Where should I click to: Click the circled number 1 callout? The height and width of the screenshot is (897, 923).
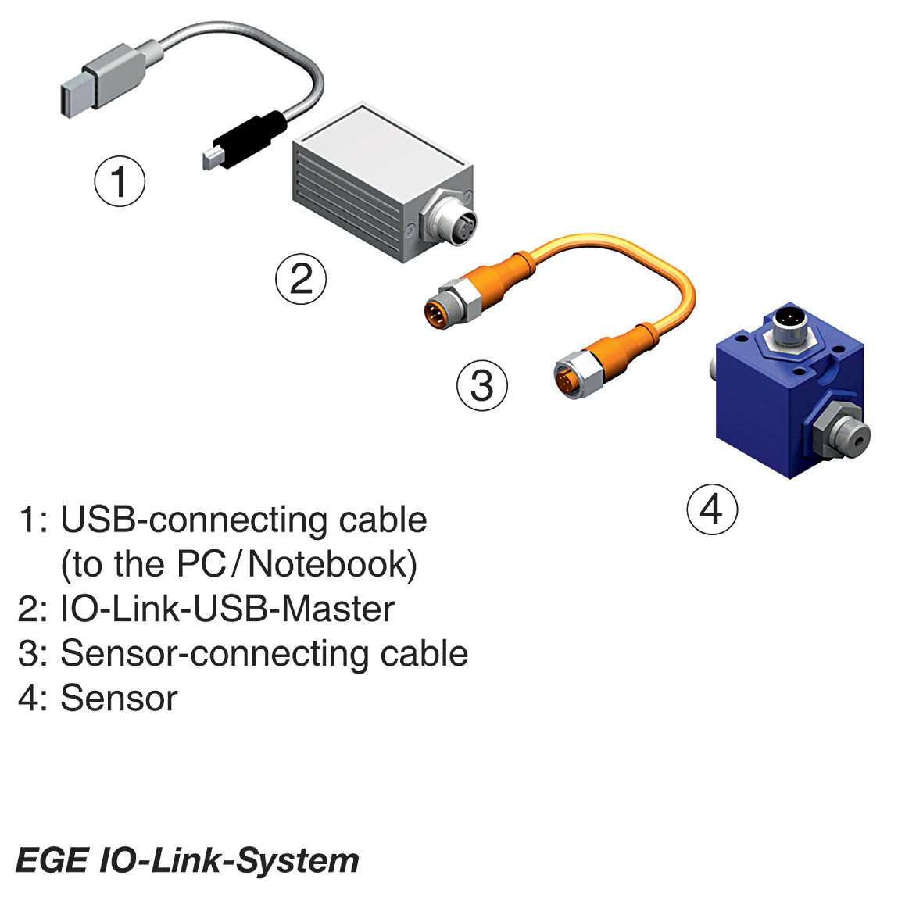[x=120, y=181]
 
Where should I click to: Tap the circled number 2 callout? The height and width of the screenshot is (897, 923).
[x=301, y=279]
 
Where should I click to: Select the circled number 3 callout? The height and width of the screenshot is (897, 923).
[x=482, y=385]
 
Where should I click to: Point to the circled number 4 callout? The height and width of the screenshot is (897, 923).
[x=712, y=509]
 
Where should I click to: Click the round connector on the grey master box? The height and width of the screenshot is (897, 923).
[x=450, y=218]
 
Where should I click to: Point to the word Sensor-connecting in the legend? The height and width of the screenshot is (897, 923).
[x=214, y=655]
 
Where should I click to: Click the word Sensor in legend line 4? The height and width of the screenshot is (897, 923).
[x=119, y=698]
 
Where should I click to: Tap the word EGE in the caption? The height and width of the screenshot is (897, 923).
[x=52, y=860]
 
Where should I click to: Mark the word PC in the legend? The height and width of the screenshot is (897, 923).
[x=202, y=564]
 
